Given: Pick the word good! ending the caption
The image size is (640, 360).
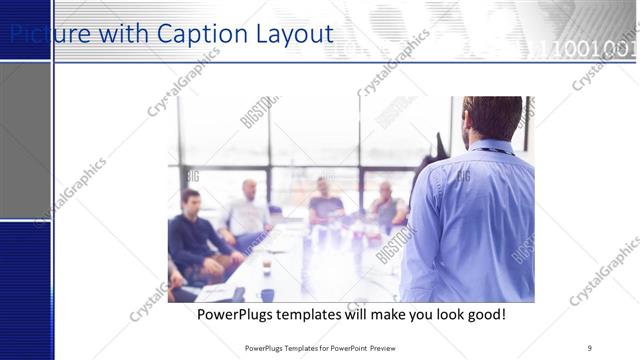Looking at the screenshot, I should click(483, 315).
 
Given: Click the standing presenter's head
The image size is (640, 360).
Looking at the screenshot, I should click(493, 118).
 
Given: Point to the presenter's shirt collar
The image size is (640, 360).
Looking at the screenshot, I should click(492, 147).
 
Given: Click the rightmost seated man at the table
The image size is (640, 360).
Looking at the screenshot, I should click(387, 206).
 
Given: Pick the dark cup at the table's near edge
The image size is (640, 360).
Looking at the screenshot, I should click(267, 295).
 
